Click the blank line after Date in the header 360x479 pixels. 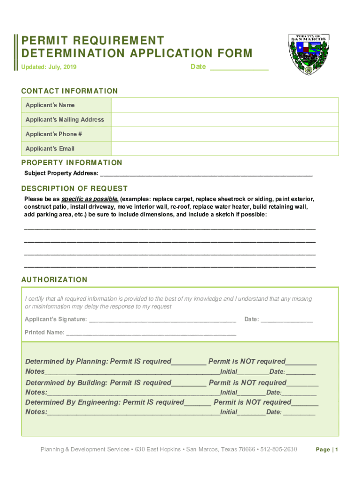pos(239,67)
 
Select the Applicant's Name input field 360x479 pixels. pos(224,105)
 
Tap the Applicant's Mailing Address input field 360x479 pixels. pos(224,120)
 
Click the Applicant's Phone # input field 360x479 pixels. pos(224,134)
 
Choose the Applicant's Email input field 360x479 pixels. pos(224,149)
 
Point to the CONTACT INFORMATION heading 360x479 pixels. pos(70,91)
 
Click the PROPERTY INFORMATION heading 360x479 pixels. pos(72,162)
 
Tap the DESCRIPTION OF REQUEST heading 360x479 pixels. pos(74,189)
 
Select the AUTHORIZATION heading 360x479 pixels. pos(54,280)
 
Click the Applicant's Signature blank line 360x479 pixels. pos(162,320)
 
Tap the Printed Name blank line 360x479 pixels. pos(151,333)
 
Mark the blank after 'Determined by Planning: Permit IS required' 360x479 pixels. pos(189,362)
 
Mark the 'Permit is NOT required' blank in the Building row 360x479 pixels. pos(302,384)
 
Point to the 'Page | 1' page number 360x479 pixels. pos(327,450)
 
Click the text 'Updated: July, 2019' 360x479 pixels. pos(49,67)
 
